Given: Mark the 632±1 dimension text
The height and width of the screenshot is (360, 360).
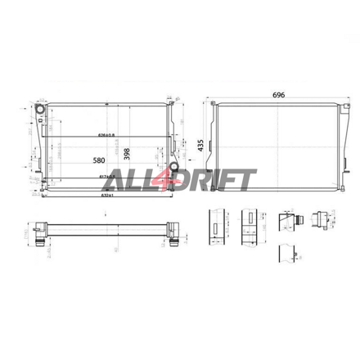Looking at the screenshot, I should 106,196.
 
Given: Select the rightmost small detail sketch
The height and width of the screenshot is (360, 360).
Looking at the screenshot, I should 325,219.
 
